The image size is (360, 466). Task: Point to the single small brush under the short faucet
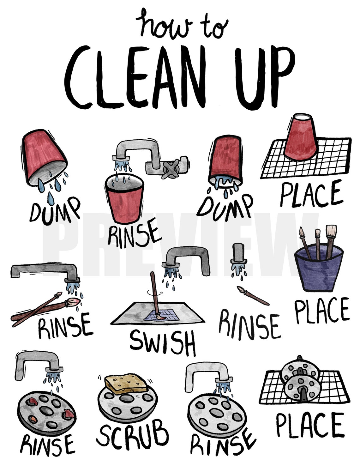[x=253, y=295]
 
